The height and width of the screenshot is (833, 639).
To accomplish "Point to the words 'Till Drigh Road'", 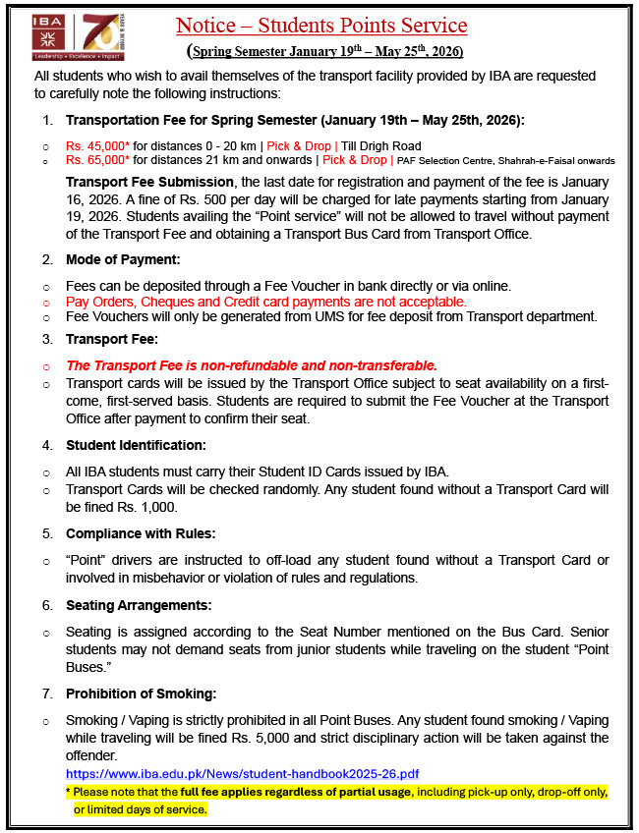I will pos(380,145).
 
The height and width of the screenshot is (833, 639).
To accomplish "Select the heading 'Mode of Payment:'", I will pos(123,259).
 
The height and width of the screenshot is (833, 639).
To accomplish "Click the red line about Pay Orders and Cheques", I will pos(265,302).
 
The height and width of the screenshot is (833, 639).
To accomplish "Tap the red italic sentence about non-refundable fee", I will pos(251,365).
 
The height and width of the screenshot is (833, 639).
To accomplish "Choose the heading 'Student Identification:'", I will pos(136,445).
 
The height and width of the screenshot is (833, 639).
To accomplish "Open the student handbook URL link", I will pos(242,774).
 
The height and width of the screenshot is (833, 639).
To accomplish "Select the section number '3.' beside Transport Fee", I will pos(48,339).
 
